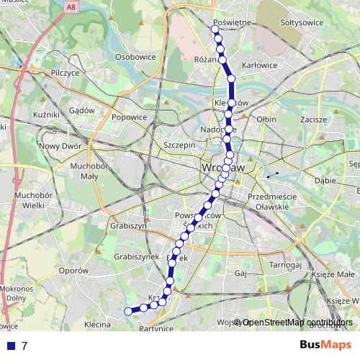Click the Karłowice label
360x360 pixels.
pos(260,66)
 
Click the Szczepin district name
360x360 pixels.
pos(179,145)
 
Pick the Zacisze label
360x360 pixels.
pos(315,118)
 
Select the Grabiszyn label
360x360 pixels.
pos(129,225)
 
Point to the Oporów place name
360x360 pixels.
pos(73,271)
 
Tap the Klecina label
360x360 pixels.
pos(96,325)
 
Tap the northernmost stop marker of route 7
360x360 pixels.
pos(215,29)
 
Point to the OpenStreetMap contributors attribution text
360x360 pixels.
pos(297,323)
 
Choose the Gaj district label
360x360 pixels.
pos(241,274)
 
